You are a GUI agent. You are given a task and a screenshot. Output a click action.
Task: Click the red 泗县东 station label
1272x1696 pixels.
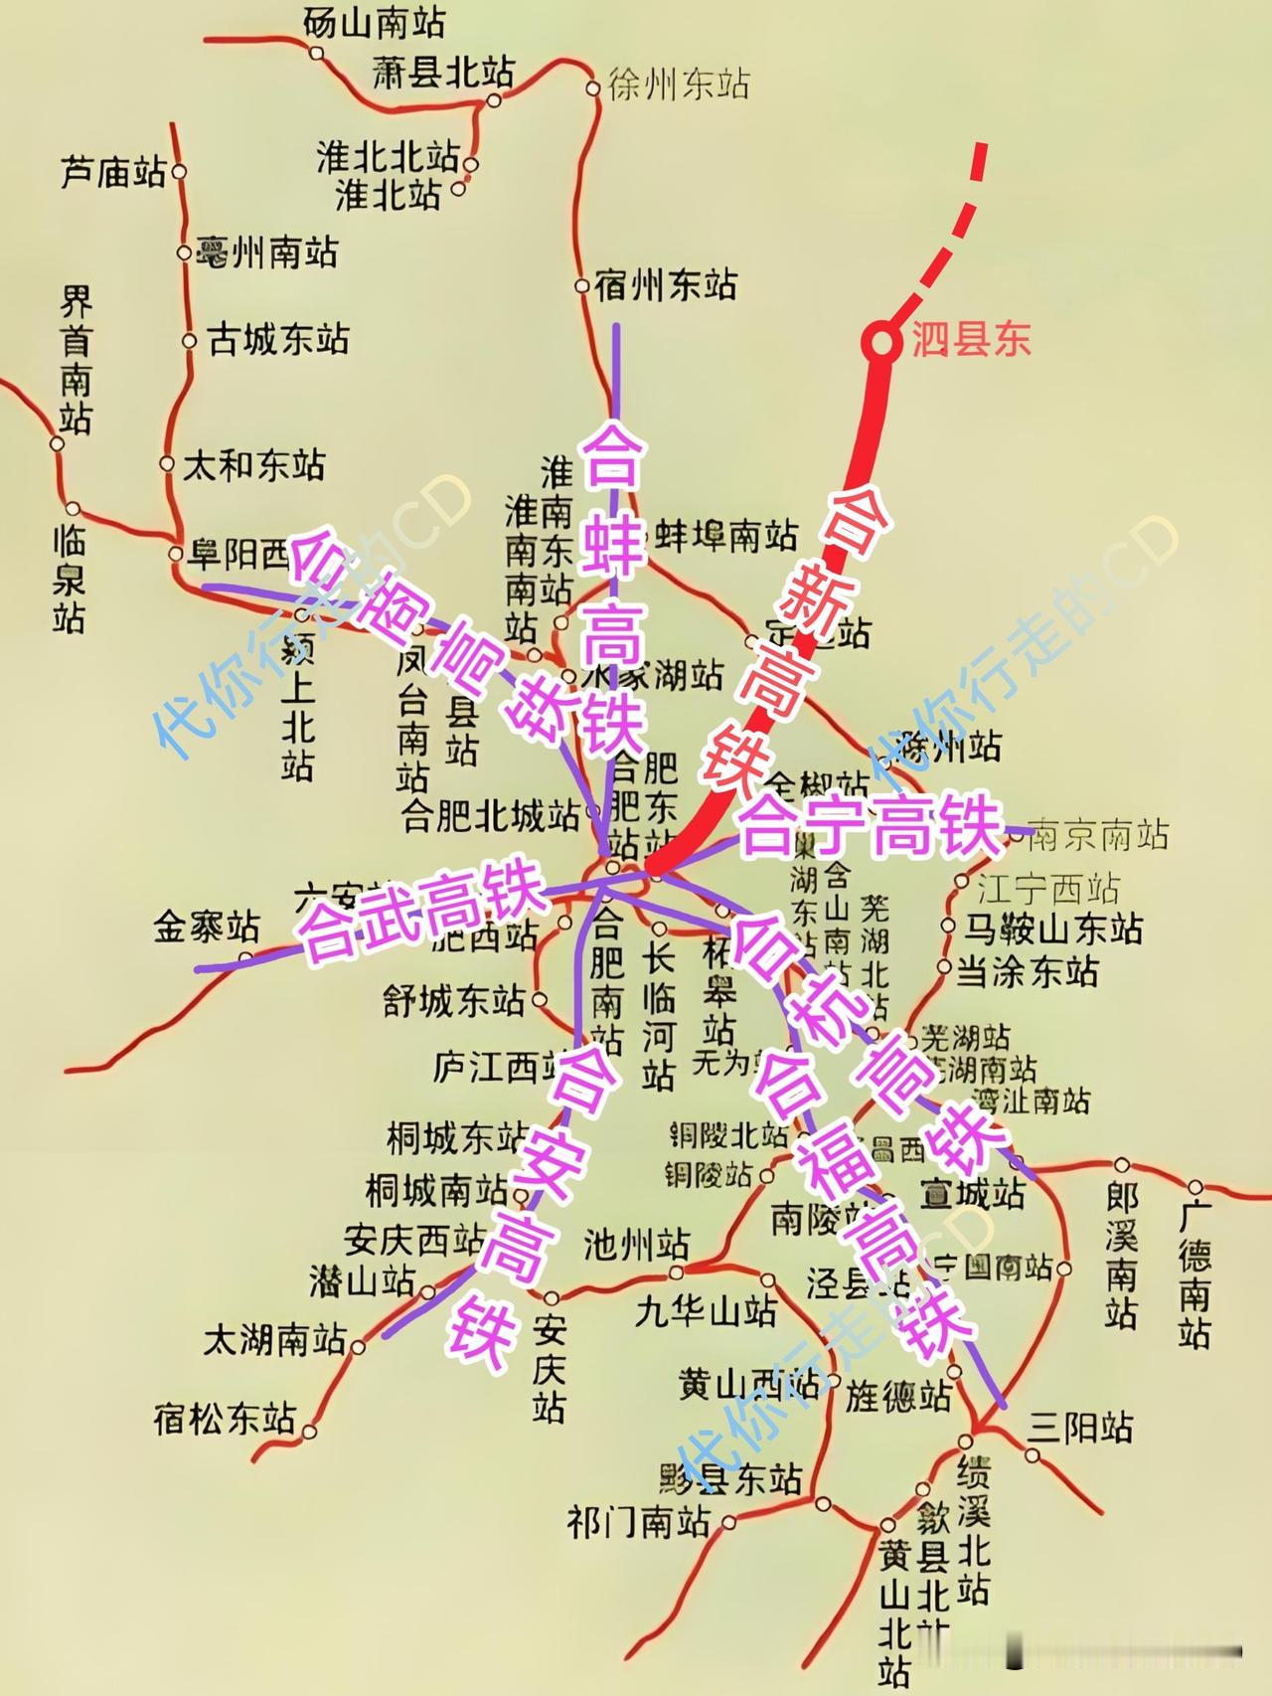(x=971, y=341)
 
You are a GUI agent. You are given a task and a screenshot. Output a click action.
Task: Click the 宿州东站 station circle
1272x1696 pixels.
(x=582, y=286)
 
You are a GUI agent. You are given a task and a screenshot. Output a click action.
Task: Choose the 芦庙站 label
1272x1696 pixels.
(x=113, y=173)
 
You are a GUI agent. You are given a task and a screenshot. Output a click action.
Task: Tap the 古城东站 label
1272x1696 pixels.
(x=278, y=339)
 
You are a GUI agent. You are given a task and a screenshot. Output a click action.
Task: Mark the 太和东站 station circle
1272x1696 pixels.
(x=167, y=463)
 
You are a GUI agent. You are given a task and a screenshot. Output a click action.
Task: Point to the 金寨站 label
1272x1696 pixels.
(x=206, y=927)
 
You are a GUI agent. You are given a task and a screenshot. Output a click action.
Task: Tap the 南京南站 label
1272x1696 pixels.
(x=1098, y=835)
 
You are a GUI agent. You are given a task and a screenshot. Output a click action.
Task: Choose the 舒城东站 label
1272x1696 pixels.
(x=454, y=1000)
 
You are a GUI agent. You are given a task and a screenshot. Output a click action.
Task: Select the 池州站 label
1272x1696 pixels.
(x=637, y=1243)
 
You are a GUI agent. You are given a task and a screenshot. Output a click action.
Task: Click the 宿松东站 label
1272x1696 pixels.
(x=225, y=1417)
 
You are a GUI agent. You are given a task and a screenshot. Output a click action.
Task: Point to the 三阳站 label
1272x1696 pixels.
(x=1080, y=1428)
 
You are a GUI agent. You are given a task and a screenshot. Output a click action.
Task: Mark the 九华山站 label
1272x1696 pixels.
(x=706, y=1311)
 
